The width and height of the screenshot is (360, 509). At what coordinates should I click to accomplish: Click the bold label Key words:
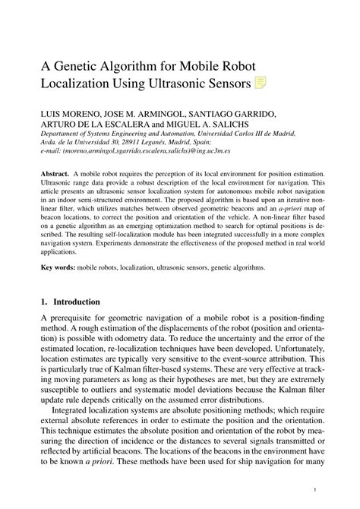61,289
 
